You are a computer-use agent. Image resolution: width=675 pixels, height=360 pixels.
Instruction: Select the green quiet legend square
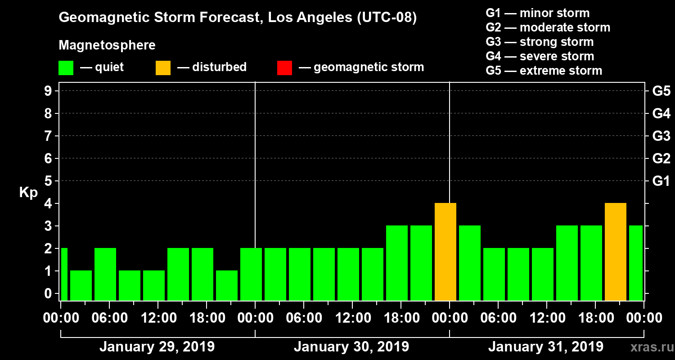[66, 68]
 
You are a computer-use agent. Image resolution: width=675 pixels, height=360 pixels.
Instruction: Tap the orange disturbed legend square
[163, 68]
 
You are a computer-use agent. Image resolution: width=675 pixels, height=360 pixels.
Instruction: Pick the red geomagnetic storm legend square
[284, 68]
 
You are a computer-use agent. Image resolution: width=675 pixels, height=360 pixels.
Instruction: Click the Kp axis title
[28, 193]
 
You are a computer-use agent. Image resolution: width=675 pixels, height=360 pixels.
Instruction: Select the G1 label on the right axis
[661, 181]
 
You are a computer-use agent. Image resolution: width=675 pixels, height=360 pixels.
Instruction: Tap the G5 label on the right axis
[661, 91]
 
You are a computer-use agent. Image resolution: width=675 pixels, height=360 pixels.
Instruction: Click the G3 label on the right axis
[661, 136]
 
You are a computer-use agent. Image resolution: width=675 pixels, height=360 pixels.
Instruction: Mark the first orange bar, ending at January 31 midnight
[445, 252]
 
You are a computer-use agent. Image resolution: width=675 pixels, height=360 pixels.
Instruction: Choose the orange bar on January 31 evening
[616, 252]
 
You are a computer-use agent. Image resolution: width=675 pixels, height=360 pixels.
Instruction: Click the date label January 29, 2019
[157, 347]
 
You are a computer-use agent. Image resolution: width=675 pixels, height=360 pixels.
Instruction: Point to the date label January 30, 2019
[351, 347]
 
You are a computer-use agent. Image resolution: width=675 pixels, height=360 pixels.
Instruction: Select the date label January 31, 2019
[545, 347]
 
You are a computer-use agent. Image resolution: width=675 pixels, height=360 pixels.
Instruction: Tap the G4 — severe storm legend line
[540, 56]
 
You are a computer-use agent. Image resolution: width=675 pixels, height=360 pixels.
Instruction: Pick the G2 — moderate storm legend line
[548, 27]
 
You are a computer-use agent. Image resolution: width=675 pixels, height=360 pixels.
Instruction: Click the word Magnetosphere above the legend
[107, 45]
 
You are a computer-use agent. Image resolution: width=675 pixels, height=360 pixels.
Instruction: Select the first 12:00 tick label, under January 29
[158, 318]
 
